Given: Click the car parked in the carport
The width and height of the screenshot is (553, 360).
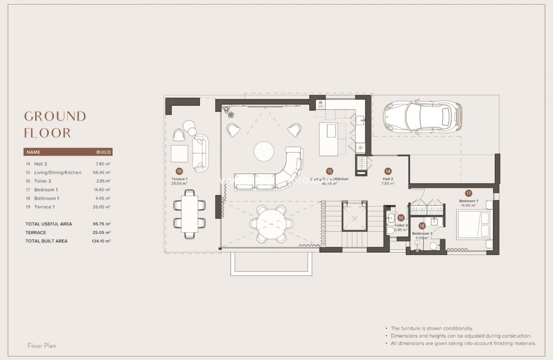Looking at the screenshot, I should [422, 117].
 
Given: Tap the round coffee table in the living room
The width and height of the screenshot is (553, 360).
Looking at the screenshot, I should [264, 151].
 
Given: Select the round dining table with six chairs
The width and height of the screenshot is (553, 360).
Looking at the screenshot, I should [270, 223].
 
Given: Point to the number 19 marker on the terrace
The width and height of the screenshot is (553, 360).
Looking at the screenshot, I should [179, 171].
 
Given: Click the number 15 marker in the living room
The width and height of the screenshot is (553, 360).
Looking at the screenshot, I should [329, 171].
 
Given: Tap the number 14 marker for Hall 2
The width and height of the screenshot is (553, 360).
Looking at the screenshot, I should [388, 171].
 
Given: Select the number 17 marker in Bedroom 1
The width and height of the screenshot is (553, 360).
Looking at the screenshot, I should [468, 193].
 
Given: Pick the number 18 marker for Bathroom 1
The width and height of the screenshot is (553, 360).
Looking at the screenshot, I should [422, 225].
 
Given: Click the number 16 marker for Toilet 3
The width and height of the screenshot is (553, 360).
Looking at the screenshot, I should [401, 218].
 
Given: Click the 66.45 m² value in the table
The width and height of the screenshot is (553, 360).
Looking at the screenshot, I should [102, 173].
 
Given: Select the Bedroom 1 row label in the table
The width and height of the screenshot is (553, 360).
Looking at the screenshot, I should [46, 190].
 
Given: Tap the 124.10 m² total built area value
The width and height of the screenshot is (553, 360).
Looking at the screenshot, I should [101, 241].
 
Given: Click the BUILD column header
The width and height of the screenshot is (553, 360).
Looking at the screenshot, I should [103, 152].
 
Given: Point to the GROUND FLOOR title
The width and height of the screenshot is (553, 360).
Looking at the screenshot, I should [55, 124].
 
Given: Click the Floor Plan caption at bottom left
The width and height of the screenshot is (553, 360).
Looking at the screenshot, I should [41, 346].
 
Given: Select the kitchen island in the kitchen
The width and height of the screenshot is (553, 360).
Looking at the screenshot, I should [328, 135].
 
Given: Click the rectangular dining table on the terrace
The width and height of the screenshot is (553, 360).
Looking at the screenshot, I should [190, 214].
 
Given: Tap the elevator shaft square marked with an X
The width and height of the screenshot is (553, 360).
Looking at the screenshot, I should [355, 218].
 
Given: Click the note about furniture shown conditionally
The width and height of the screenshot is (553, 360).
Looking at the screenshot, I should [432, 329].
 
